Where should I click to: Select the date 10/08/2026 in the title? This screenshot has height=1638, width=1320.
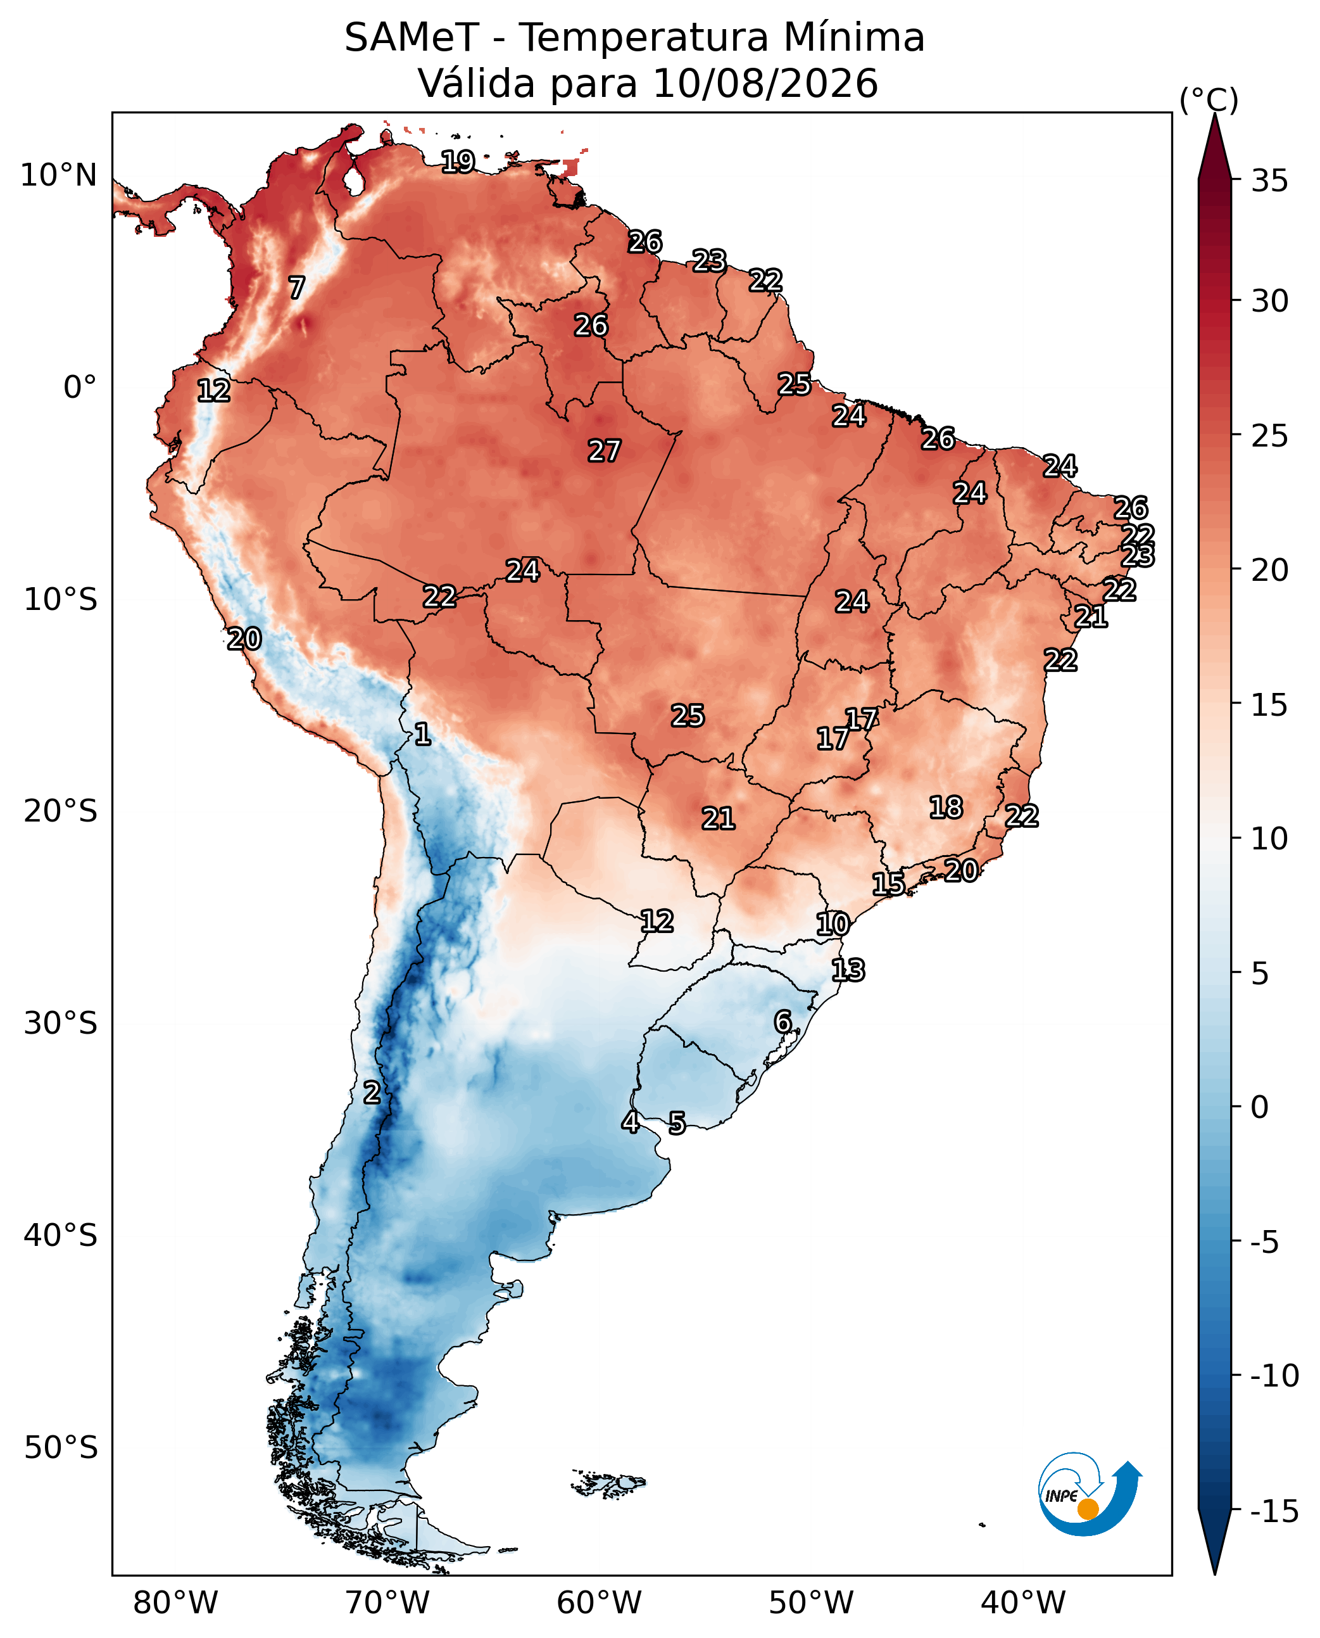[x=765, y=83]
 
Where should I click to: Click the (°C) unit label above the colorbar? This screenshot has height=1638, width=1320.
[x=1209, y=99]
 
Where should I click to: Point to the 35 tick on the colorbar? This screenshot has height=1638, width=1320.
[x=1270, y=181]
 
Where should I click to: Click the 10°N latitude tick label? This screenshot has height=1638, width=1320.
[x=58, y=175]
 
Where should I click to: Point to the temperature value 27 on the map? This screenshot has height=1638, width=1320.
[x=605, y=450]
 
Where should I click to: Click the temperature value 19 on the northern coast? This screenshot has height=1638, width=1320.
[x=458, y=162]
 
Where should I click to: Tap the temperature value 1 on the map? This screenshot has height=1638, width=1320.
[x=423, y=734]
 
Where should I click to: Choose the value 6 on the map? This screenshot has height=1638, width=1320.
[x=783, y=1021]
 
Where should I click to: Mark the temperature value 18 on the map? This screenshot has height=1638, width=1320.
[x=946, y=807]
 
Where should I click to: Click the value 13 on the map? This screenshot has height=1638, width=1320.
[x=848, y=970]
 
